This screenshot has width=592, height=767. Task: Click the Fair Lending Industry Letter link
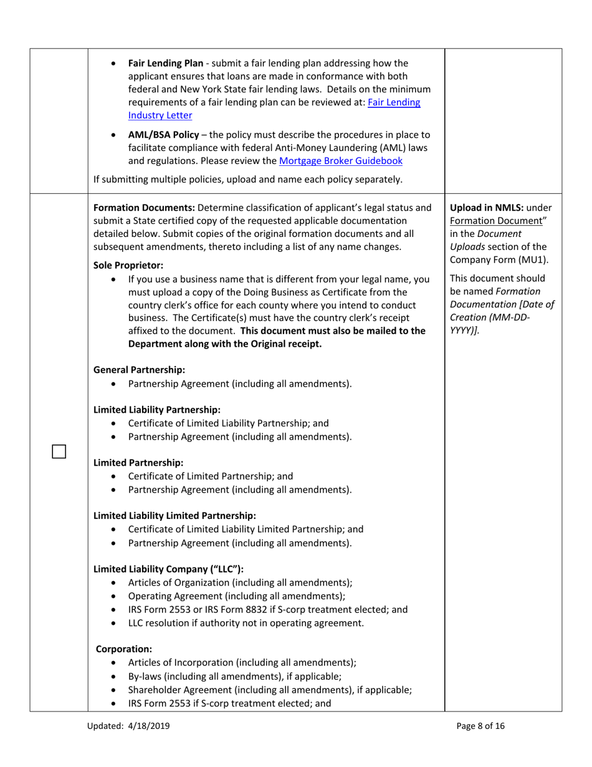[x=274, y=109]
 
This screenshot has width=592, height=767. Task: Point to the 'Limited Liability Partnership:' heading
[x=156, y=410]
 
